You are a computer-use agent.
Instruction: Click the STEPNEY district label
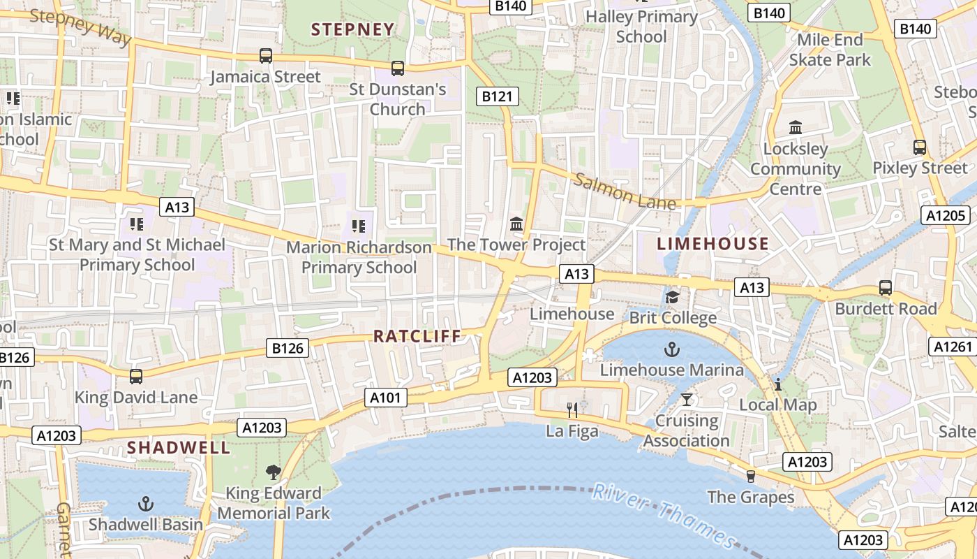coord(352,29)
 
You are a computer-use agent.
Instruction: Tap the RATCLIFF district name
coord(417,336)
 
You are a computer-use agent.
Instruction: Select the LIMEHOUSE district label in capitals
coord(713,244)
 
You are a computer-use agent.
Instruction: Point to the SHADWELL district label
coord(178,448)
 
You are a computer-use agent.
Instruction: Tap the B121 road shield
coord(497,96)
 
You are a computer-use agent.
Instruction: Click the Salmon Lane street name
coord(625,190)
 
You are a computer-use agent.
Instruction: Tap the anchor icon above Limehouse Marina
coord(671,349)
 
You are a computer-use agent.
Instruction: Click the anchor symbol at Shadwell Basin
coord(145,503)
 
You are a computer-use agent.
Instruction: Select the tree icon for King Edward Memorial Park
coord(273,472)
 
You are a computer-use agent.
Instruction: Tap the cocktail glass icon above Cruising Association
coord(687,400)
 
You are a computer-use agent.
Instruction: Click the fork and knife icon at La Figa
coord(572,409)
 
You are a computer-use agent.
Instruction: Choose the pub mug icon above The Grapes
coord(751,476)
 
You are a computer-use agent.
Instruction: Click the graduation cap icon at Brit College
coord(672,298)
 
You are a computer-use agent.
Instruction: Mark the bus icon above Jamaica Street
coord(265,55)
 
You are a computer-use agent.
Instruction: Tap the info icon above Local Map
coord(777,384)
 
